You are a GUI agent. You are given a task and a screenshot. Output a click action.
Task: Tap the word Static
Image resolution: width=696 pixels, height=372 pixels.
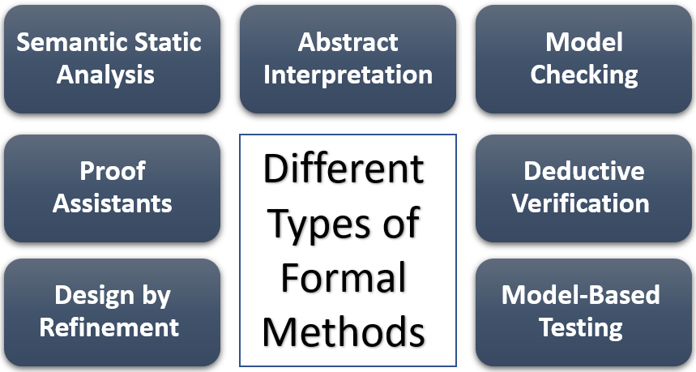pos(168,43)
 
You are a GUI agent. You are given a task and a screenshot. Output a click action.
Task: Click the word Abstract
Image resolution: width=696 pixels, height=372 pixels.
pos(348,43)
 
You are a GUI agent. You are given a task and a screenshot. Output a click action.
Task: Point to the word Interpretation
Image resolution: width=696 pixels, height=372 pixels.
pos(348,75)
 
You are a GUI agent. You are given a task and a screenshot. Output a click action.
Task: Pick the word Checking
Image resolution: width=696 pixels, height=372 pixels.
pos(583,75)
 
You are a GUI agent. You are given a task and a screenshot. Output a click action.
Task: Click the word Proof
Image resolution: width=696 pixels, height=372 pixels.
pos(112,171)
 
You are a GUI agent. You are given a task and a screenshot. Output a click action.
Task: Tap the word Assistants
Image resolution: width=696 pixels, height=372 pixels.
pos(112,203)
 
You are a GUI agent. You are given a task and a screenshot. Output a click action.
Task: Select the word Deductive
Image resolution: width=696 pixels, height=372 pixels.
pos(583,171)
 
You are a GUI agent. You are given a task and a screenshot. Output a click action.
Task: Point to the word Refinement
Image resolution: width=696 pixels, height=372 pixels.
pos(109,327)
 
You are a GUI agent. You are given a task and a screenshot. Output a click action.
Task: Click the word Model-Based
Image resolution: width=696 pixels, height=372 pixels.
pos(580,296)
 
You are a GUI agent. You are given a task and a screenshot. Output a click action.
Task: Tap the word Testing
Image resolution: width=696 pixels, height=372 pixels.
pos(580,327)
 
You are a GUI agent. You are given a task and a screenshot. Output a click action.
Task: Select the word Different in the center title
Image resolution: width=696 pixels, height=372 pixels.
pos(344,170)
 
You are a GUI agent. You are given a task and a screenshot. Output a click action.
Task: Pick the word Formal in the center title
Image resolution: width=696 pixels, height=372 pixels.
pos(344,278)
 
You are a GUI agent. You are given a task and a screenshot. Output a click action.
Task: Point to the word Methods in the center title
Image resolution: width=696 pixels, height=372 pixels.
pos(344,332)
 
